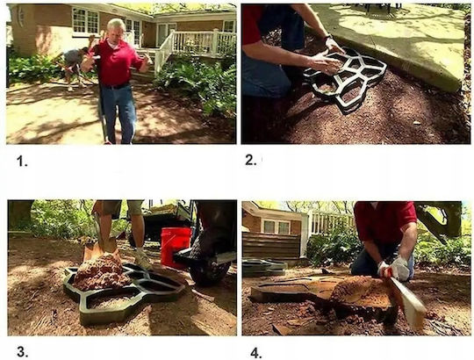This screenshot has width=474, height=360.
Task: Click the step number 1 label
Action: pos(22,162)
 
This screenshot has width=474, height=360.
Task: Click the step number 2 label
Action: pos(250,160)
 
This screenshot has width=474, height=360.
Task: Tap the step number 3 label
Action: pos(22,352)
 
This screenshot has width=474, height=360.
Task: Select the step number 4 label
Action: pos(256,353)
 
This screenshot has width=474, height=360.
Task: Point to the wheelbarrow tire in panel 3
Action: pos(209,272)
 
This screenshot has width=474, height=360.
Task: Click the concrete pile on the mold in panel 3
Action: pos(101,271)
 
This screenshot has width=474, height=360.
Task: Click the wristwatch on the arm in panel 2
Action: pos(327,38)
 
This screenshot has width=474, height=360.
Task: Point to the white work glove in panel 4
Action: pos(399,268)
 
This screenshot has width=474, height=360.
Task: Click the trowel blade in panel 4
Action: pos(409,302)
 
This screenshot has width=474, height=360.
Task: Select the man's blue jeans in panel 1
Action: pos(118,112)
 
